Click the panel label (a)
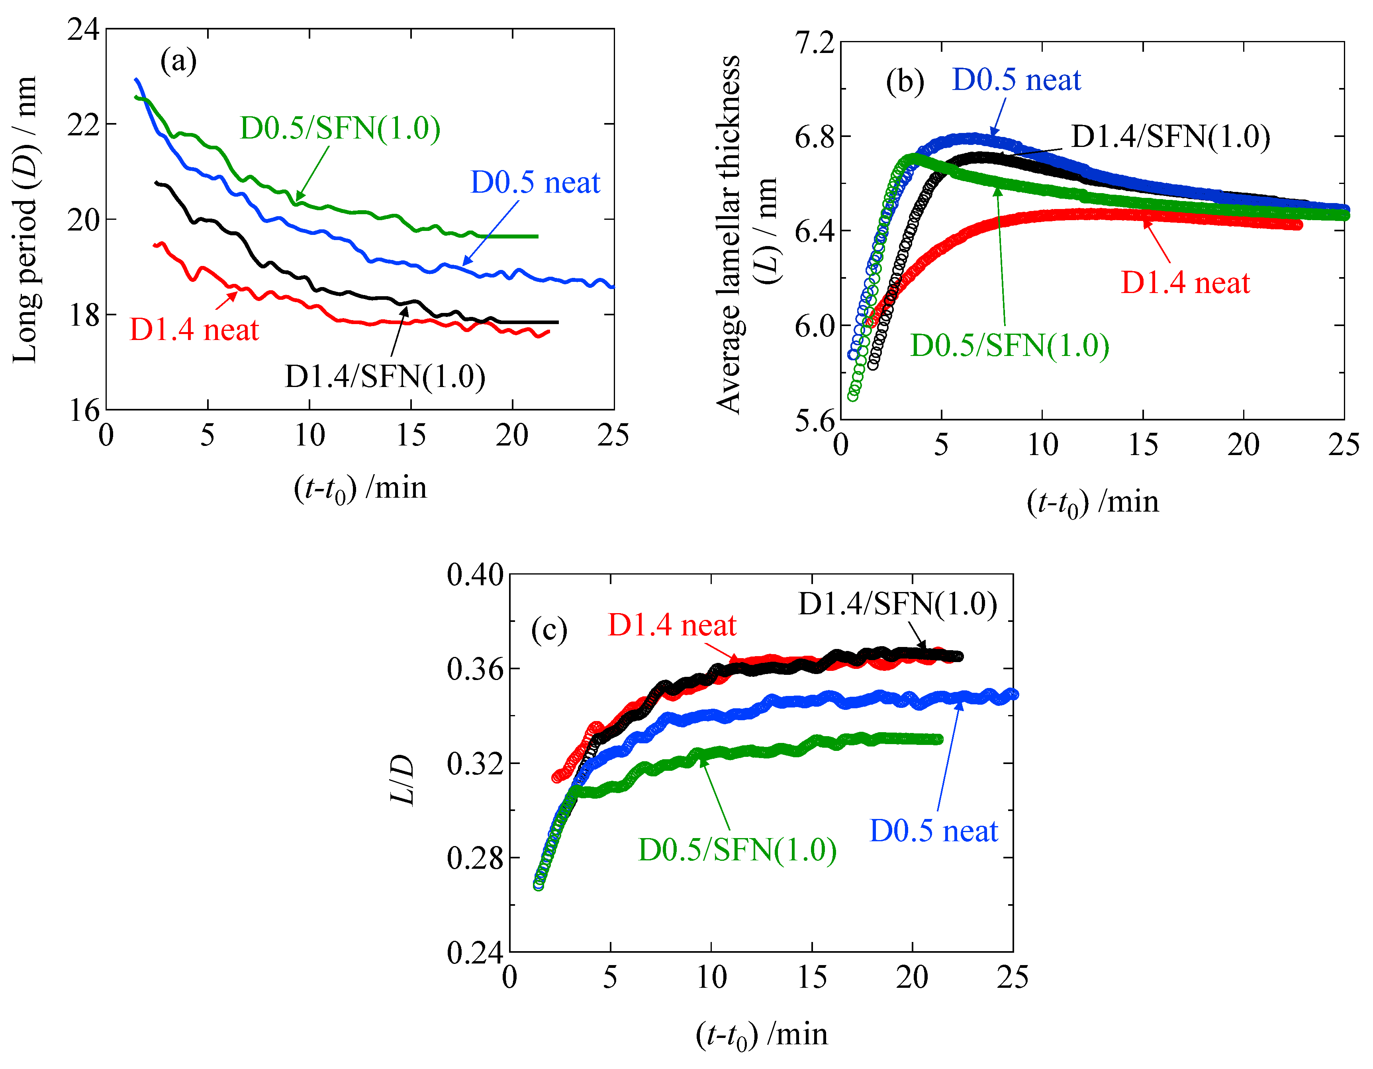pyautogui.click(x=178, y=62)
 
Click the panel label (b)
pyautogui.click(x=905, y=82)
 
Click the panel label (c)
pyautogui.click(x=549, y=630)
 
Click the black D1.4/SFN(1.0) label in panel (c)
pyautogui.click(x=897, y=604)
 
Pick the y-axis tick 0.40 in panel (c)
pyautogui.click(x=475, y=575)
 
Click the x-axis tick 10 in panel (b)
pyautogui.click(x=1042, y=446)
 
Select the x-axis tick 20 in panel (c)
pyautogui.click(x=912, y=978)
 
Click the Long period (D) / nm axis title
pyautogui.click(x=25, y=220)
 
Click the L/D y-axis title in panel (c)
pyautogui.click(x=402, y=779)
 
